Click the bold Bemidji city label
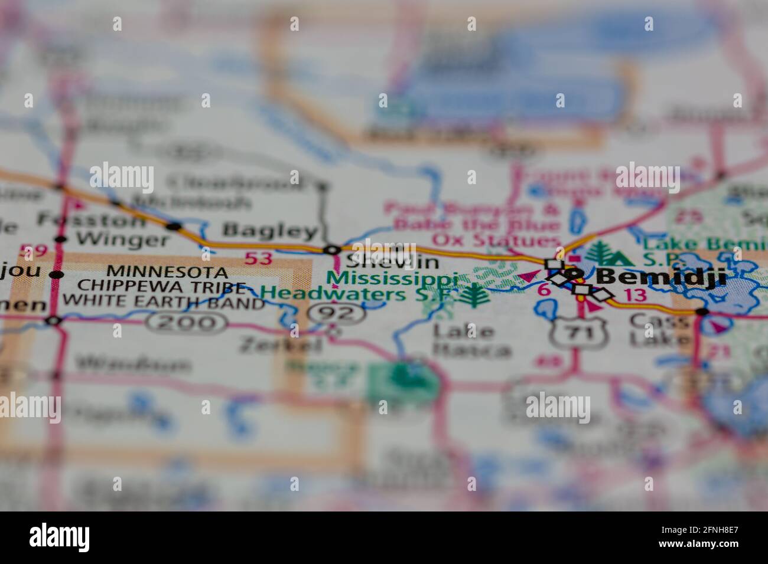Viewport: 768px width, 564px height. click(660, 276)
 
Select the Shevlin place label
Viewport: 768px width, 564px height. click(392, 261)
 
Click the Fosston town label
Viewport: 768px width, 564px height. click(91, 221)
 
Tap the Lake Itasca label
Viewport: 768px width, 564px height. click(471, 340)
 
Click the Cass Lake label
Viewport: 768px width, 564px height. click(659, 330)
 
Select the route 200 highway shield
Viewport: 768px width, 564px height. click(188, 322)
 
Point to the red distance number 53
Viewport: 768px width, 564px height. click(259, 258)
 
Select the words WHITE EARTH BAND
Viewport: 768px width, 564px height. click(164, 303)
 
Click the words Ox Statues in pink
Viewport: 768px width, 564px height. click(495, 241)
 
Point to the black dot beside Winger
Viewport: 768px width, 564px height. click(60, 240)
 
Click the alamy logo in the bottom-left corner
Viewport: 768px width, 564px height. click(60, 537)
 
